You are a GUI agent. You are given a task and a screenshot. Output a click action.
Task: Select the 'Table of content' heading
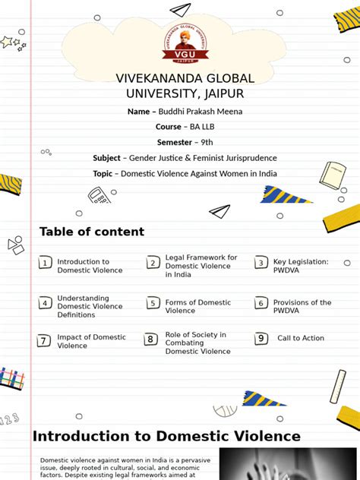pos(91,232)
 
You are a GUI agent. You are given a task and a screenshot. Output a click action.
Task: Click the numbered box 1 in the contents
pos(46,263)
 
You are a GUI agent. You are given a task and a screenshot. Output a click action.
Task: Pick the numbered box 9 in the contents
pos(261,339)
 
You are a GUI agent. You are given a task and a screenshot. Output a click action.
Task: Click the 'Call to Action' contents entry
pos(301,338)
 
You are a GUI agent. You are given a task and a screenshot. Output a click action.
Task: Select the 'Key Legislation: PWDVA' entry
pos(301,266)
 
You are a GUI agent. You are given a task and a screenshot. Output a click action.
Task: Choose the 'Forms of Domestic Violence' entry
pos(197,306)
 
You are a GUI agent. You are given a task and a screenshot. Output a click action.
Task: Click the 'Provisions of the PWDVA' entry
pos(302,306)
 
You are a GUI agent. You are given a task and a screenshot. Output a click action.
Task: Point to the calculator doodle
pos(99,197)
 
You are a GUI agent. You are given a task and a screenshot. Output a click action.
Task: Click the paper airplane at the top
pos(179,10)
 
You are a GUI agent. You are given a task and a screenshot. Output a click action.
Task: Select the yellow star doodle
pos(8,42)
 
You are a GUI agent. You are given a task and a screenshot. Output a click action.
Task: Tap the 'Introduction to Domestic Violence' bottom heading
pos(166,436)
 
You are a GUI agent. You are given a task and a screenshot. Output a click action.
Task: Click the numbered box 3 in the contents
pos(261,263)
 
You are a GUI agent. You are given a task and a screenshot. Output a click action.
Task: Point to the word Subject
pos(106,158)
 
